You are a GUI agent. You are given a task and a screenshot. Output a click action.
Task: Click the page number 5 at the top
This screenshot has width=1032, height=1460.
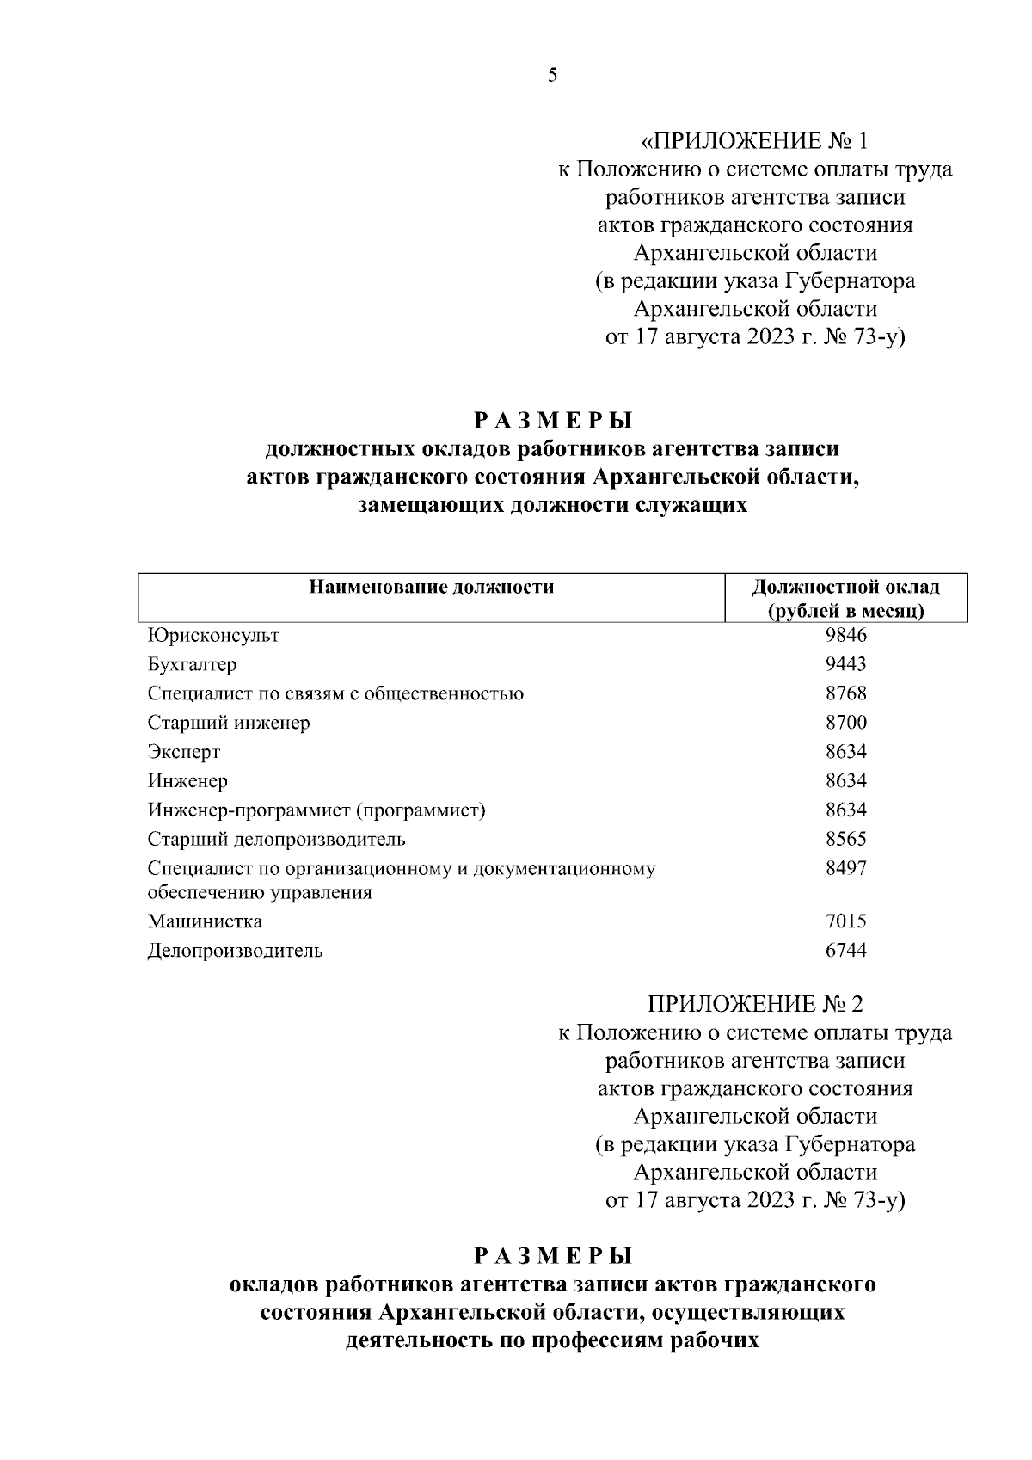pyautogui.click(x=552, y=76)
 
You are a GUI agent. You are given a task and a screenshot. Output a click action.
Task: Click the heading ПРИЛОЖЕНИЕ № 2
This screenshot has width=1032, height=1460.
pyautogui.click(x=754, y=1004)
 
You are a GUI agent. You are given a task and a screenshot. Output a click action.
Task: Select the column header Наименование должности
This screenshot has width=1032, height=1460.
pyautogui.click(x=432, y=588)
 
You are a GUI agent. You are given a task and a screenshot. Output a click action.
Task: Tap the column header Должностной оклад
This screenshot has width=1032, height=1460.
pyautogui.click(x=845, y=588)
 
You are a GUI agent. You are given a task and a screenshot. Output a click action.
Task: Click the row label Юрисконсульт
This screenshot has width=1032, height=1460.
pyautogui.click(x=213, y=636)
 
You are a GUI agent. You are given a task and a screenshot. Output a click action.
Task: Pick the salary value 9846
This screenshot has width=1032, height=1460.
pyautogui.click(x=845, y=635)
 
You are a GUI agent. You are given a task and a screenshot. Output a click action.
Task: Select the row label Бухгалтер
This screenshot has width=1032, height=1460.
pyautogui.click(x=192, y=665)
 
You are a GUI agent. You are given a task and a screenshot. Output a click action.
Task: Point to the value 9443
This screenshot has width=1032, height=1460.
pyautogui.click(x=845, y=664)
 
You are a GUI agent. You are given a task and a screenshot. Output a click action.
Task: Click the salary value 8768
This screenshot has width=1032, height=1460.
pyautogui.click(x=845, y=693)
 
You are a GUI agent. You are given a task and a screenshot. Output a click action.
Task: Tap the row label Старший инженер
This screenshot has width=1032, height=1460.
pyautogui.click(x=229, y=723)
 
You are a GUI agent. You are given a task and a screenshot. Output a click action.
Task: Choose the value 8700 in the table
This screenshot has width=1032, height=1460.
pyautogui.click(x=845, y=723)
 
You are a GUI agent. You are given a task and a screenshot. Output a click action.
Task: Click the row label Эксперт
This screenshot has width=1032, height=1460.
pyautogui.click(x=184, y=752)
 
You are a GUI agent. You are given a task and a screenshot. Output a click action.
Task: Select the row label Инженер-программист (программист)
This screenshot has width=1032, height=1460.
pyautogui.click(x=316, y=810)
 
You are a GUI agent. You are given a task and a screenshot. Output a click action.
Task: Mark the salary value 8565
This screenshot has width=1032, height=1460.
pyautogui.click(x=845, y=839)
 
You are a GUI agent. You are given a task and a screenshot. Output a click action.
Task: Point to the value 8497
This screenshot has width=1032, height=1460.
pyautogui.click(x=845, y=868)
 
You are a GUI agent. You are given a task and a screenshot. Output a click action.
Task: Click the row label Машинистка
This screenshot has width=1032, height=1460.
pyautogui.click(x=205, y=921)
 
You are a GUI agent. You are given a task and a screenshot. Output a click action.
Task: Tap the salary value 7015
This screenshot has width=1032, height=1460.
pyautogui.click(x=845, y=921)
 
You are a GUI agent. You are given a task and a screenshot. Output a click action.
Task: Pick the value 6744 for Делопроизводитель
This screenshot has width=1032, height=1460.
pyautogui.click(x=845, y=951)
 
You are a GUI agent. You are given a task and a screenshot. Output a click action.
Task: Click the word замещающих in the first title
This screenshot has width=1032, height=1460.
pyautogui.click(x=430, y=506)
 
